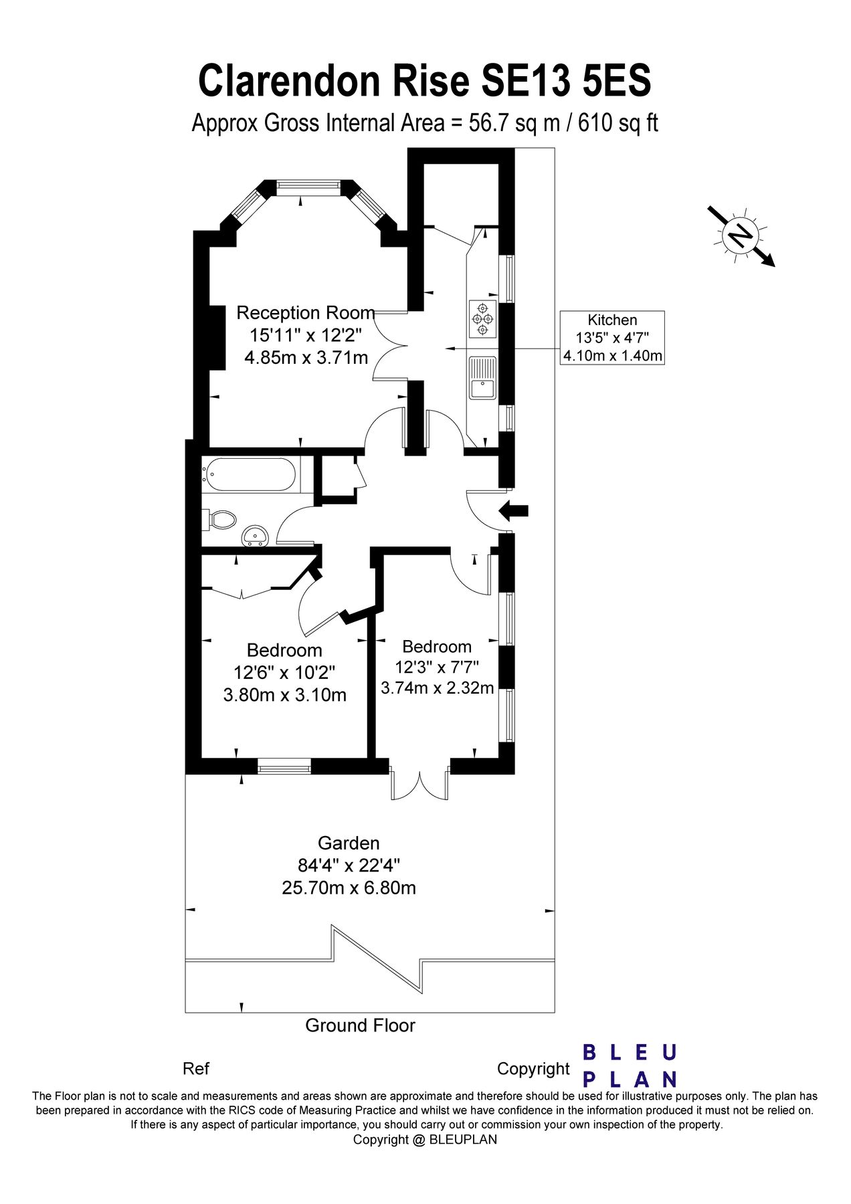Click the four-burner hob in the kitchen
[x=482, y=318]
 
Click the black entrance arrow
[x=514, y=511]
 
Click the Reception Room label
[x=305, y=313]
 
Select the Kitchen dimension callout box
[x=612, y=338]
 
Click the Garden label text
[x=349, y=843]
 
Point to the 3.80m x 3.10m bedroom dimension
[x=285, y=695]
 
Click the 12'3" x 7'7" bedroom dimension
[x=437, y=668]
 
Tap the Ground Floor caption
[x=360, y=1025]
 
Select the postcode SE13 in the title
[x=525, y=82]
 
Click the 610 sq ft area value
[x=618, y=123]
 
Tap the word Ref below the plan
[x=196, y=1069]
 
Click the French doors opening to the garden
[x=419, y=783]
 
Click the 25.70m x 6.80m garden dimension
[x=349, y=888]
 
